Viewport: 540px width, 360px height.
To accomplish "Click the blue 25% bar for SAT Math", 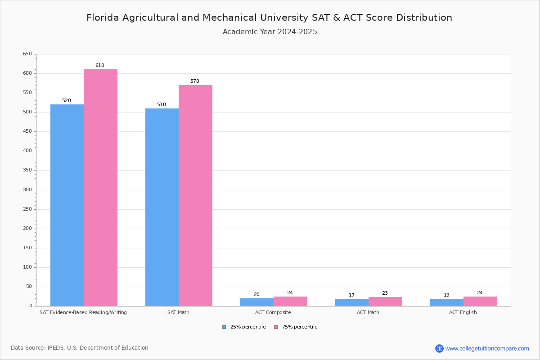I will (162, 207).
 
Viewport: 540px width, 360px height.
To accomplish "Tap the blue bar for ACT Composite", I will (257, 302).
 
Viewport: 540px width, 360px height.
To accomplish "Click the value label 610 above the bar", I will (99, 66).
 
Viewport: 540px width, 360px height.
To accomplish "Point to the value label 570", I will (194, 81).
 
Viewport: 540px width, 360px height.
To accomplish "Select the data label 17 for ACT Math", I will (351, 296).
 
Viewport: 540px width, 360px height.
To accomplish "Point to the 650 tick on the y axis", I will (27, 54).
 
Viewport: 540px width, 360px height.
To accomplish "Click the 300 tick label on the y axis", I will (27, 190).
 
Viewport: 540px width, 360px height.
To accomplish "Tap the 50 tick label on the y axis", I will (29, 287).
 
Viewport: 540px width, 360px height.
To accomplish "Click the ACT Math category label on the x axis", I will (368, 312).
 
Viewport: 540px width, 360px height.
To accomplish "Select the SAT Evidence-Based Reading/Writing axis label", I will (83, 312).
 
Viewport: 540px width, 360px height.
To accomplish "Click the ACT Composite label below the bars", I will (273, 312).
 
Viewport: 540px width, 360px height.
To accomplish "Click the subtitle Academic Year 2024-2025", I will (270, 32).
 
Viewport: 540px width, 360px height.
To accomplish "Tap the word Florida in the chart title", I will (102, 18).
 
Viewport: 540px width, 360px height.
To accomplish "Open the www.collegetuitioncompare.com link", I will (487, 348).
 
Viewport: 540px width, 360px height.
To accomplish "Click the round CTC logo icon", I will (439, 348).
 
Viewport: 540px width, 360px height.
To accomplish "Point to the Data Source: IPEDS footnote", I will (80, 348).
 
